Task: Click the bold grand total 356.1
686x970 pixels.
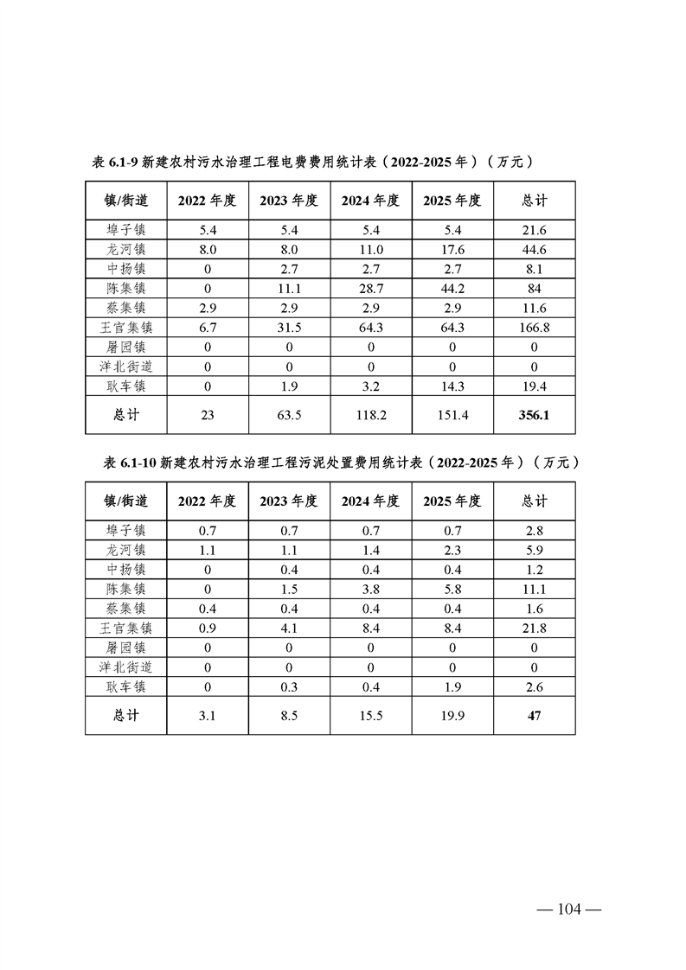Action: (534, 415)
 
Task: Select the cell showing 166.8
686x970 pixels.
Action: (534, 328)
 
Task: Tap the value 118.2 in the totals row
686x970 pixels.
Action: (370, 415)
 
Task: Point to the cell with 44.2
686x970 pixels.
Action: (452, 288)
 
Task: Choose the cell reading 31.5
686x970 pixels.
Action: (289, 328)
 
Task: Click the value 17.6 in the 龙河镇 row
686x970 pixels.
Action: (452, 249)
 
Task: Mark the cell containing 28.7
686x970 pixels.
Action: (370, 288)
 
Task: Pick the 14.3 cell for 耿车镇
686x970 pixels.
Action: (452, 386)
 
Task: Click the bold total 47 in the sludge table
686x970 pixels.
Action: (534, 716)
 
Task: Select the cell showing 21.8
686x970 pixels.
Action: (534, 629)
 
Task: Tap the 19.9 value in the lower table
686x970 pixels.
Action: (452, 716)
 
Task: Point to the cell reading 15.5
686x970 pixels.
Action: (370, 716)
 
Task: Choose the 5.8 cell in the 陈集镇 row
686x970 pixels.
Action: (452, 589)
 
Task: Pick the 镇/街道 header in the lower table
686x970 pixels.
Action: (125, 501)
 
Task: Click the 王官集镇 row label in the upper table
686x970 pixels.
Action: (125, 328)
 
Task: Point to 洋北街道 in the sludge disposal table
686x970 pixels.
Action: (125, 667)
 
